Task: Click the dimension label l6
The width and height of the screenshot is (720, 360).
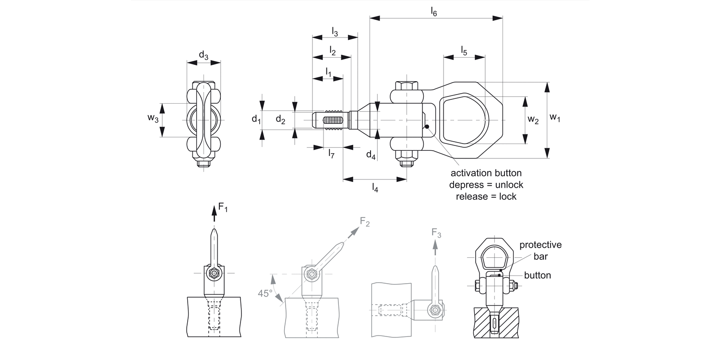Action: [433, 12]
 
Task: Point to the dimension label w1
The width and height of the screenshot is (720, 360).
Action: [555, 118]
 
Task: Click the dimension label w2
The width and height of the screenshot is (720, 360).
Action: [532, 120]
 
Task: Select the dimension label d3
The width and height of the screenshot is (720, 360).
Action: [204, 56]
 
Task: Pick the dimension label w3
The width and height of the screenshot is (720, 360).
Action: [153, 119]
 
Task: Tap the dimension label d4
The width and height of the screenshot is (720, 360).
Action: [371, 155]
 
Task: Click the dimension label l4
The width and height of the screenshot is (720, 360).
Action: [375, 188]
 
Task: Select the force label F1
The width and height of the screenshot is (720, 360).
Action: [223, 207]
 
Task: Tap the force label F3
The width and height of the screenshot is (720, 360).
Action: [436, 233]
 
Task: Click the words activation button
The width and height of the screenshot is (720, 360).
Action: [486, 173]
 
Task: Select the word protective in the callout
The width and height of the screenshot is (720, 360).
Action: [540, 245]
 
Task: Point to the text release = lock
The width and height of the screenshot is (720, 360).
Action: [486, 196]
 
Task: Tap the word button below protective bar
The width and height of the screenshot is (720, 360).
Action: [537, 276]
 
